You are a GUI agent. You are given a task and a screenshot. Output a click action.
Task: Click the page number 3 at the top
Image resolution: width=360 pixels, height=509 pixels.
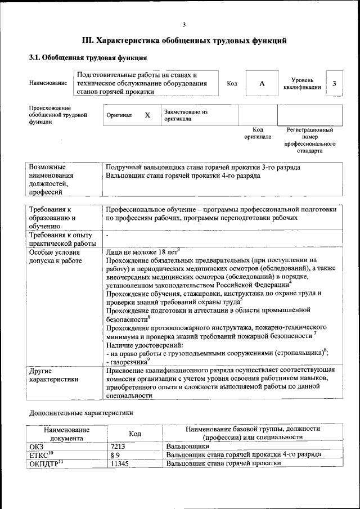click(x=184, y=24)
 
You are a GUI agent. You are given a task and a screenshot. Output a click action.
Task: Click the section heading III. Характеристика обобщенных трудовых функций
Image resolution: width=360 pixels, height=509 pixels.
click(x=184, y=40)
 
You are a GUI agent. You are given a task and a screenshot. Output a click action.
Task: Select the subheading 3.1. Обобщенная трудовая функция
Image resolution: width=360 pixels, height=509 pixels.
click(x=88, y=57)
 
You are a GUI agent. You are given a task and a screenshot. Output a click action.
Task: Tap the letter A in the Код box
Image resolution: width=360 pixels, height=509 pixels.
click(x=262, y=84)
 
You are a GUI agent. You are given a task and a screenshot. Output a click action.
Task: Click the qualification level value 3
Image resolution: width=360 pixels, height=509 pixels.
click(x=335, y=84)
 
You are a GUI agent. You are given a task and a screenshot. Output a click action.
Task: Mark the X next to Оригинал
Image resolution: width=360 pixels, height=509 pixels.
click(x=148, y=115)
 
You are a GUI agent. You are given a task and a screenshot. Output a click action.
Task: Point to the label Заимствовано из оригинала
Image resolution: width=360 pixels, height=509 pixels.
click(x=186, y=115)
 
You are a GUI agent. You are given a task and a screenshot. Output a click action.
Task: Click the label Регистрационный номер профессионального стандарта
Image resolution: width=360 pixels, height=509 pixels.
click(x=310, y=141)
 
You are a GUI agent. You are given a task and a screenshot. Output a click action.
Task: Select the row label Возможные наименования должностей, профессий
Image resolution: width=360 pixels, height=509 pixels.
click(x=53, y=180)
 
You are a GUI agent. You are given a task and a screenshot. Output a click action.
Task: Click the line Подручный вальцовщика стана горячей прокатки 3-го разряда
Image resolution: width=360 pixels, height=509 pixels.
click(x=203, y=168)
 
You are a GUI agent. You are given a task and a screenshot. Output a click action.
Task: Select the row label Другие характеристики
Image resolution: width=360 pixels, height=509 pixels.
click(x=53, y=375)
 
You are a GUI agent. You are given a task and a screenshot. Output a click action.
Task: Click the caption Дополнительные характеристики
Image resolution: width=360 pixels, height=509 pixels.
click(x=81, y=413)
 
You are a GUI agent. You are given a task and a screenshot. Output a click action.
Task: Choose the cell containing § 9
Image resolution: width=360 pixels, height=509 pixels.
click(x=115, y=454)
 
